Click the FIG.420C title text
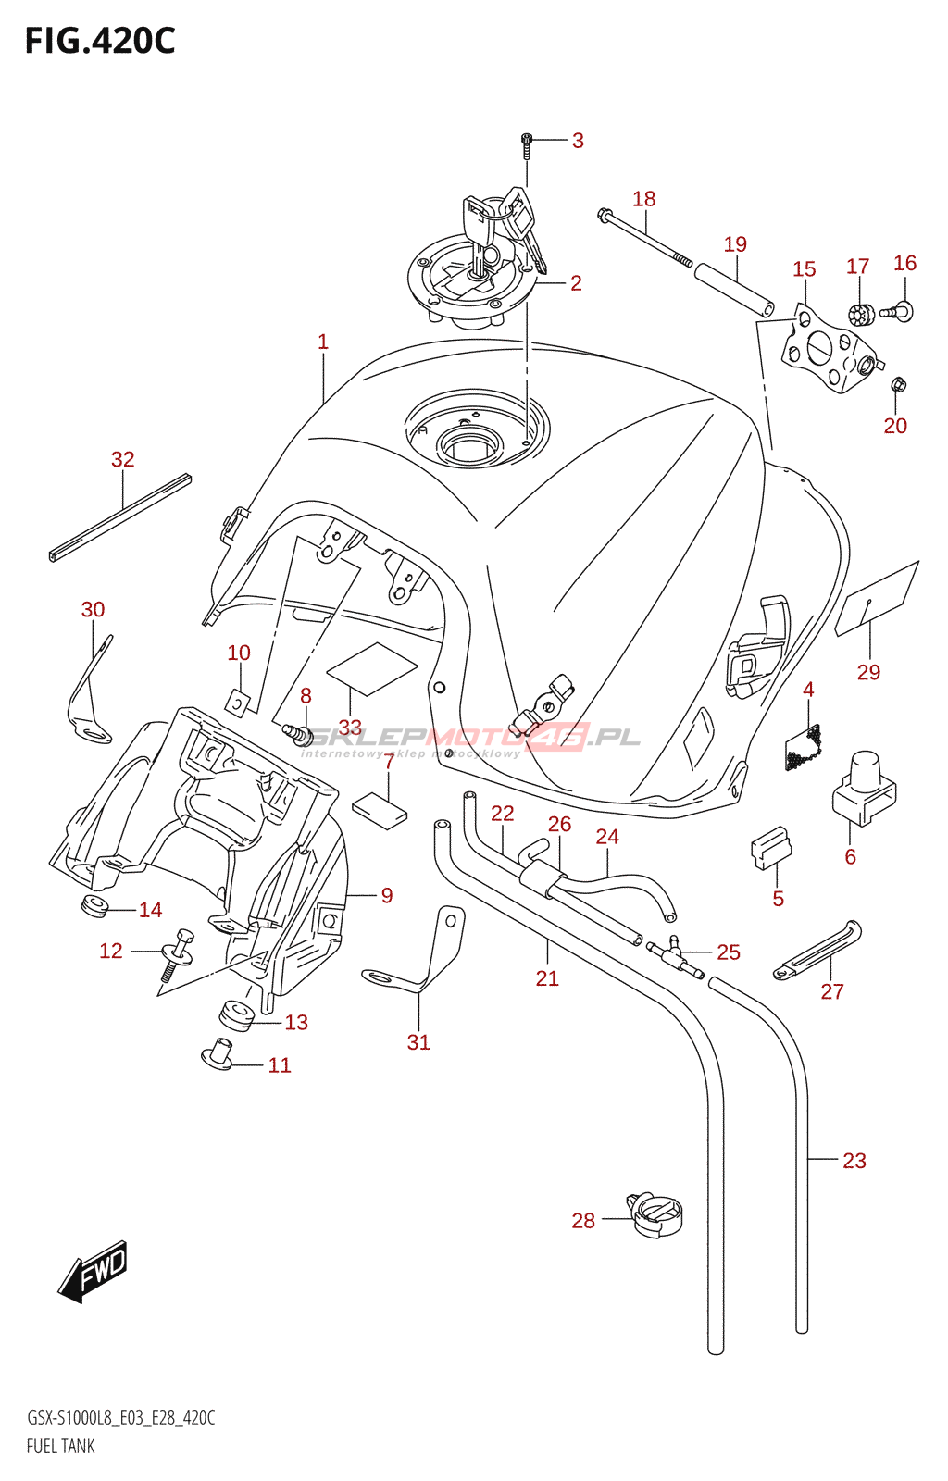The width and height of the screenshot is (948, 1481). click(100, 42)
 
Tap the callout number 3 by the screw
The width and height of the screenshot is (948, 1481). click(578, 141)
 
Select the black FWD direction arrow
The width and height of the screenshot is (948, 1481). click(94, 1271)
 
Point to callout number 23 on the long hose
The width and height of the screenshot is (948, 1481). click(854, 1161)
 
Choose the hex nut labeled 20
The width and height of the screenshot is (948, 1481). click(897, 384)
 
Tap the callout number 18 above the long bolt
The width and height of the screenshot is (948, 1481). click(644, 199)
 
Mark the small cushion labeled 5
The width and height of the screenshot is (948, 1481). click(770, 846)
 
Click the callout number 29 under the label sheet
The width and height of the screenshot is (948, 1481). click(868, 672)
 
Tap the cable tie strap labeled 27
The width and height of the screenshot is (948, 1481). click(818, 948)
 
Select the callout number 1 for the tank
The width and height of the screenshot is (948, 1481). click(323, 342)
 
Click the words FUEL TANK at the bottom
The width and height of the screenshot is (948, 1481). click(61, 1446)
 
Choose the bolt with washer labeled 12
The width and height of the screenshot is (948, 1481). click(178, 953)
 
